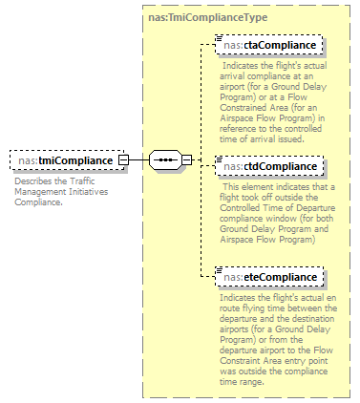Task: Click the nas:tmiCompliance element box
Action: click(66, 160)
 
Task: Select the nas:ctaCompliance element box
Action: click(270, 45)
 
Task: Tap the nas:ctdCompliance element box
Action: click(270, 166)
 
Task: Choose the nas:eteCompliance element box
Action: click(270, 277)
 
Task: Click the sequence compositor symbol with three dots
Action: click(165, 160)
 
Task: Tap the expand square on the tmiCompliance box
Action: click(123, 160)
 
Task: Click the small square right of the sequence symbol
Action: click(186, 160)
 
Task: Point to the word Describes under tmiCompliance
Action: click(34, 180)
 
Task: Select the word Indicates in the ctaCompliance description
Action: click(240, 66)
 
